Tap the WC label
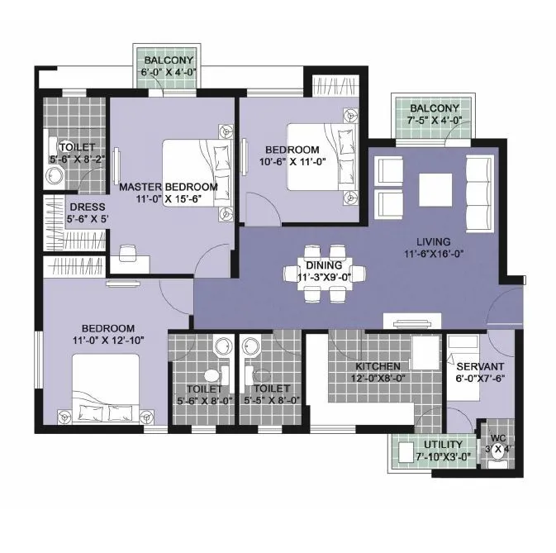coord(498,439)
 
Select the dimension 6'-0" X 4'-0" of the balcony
coord(169,74)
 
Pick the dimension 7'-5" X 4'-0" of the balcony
coord(435,121)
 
